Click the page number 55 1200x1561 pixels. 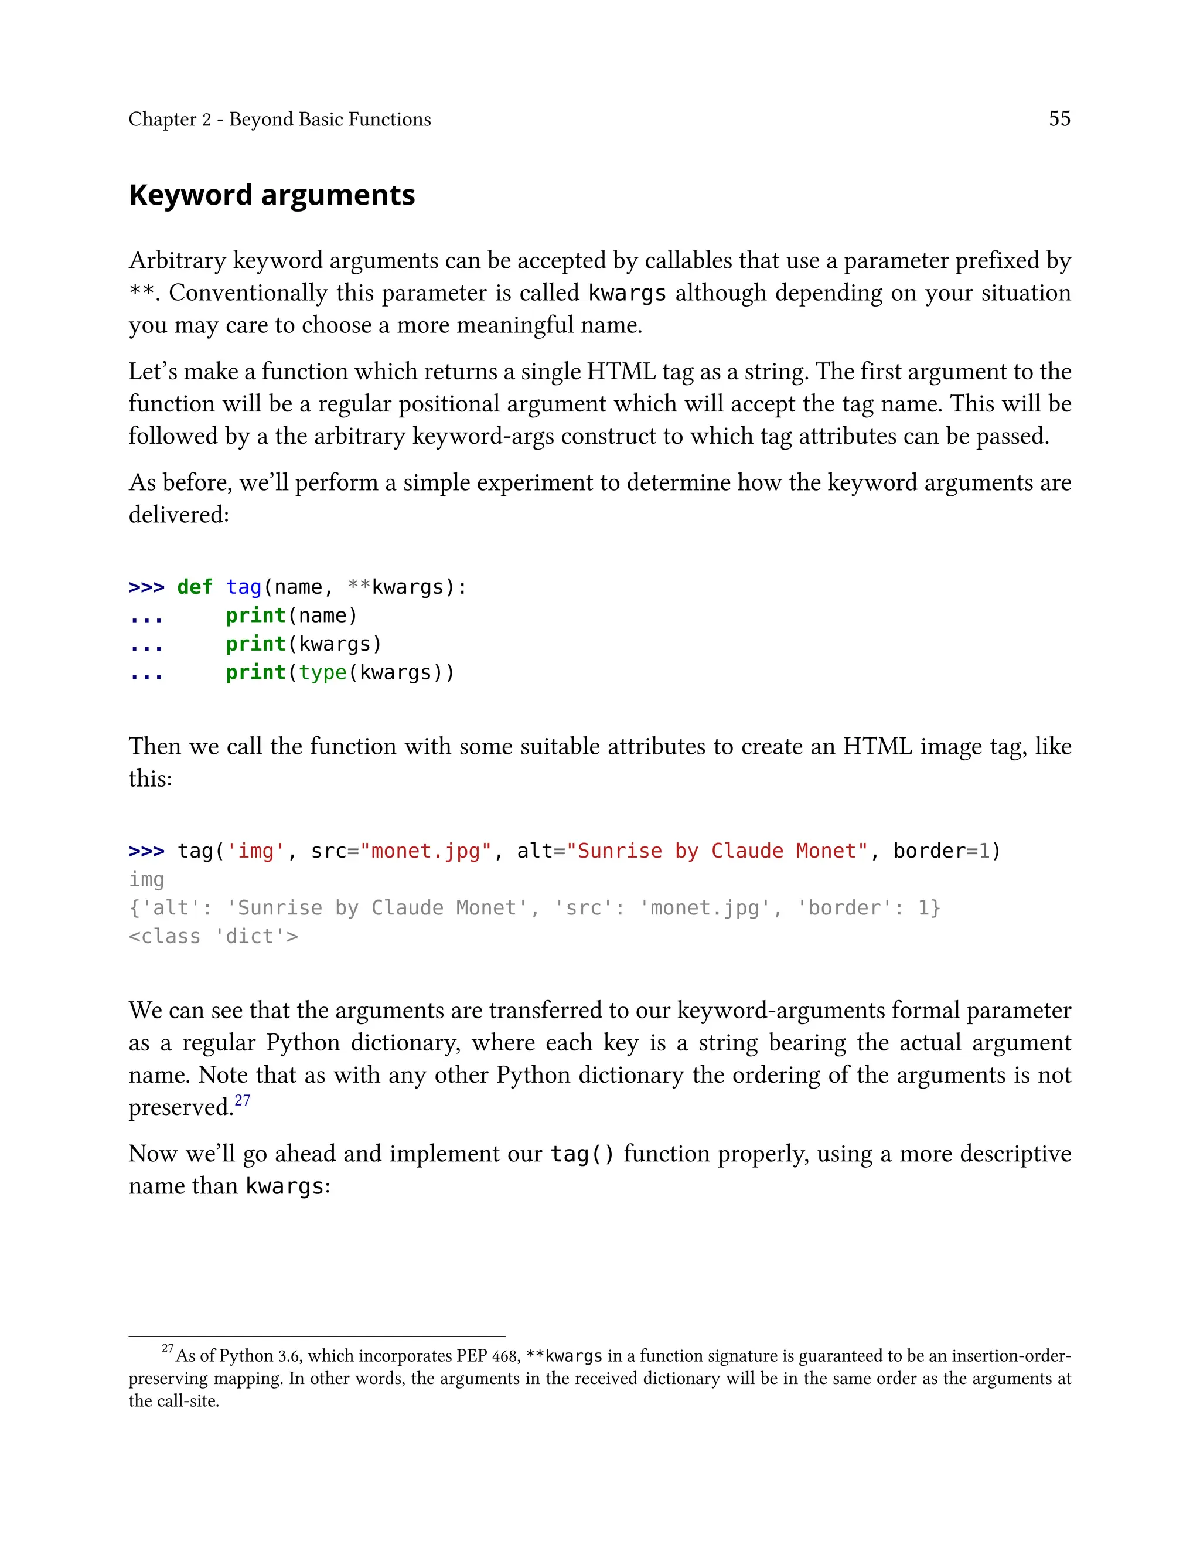tap(1059, 118)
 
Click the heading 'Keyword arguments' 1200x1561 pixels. tap(271, 195)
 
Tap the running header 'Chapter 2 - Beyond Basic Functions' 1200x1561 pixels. tap(279, 120)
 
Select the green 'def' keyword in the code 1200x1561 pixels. tap(195, 587)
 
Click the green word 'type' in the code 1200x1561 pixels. tap(322, 673)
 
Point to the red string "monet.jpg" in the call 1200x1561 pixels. tap(427, 851)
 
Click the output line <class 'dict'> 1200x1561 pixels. tap(213, 937)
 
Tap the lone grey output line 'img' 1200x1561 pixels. tap(146, 879)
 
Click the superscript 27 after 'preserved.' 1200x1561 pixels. tap(242, 1100)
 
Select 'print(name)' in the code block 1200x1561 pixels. tap(291, 616)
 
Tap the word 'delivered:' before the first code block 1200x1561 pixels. tap(179, 515)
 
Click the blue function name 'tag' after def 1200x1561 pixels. tap(244, 587)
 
